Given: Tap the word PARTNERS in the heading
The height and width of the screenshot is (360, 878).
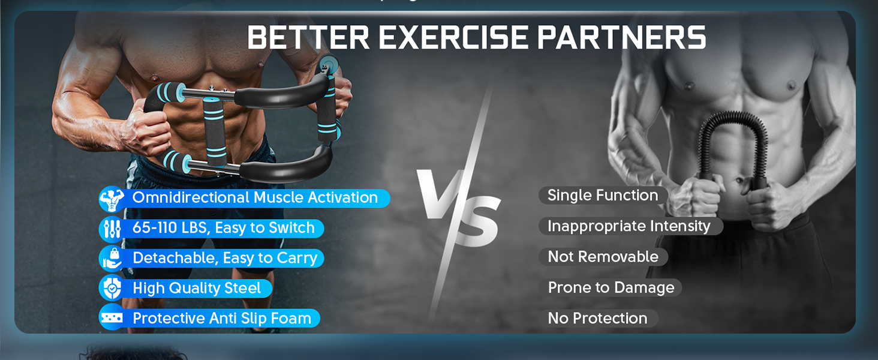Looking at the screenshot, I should pyautogui.click(x=622, y=38).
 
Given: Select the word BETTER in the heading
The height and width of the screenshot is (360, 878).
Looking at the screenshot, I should pyautogui.click(x=308, y=38).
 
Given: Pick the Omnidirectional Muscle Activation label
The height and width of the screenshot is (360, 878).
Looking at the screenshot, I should pyautogui.click(x=255, y=198).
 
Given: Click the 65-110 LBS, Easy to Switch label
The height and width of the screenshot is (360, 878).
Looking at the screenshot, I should pyautogui.click(x=223, y=228).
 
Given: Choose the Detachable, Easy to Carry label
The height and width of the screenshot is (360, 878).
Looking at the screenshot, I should pyautogui.click(x=224, y=258).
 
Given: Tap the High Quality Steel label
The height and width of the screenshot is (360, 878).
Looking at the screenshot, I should pyautogui.click(x=197, y=289).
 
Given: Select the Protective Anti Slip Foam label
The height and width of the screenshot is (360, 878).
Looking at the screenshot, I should pyautogui.click(x=222, y=319).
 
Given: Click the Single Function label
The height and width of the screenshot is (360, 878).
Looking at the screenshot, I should pyautogui.click(x=603, y=196).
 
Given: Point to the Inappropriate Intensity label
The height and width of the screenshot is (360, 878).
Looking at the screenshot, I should pyautogui.click(x=629, y=226).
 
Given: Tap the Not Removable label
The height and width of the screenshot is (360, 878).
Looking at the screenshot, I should pyautogui.click(x=603, y=257).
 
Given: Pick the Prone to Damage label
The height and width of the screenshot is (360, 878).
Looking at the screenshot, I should pyautogui.click(x=611, y=288).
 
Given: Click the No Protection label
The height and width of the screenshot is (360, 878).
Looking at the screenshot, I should pyautogui.click(x=597, y=319).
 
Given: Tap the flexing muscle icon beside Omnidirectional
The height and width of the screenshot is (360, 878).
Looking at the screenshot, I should pyautogui.click(x=112, y=199).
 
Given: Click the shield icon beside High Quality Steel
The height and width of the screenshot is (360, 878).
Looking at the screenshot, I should pyautogui.click(x=112, y=288).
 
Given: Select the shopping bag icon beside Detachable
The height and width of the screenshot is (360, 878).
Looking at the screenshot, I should pyautogui.click(x=112, y=258).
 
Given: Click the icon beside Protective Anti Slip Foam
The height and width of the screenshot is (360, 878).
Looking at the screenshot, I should pyautogui.click(x=112, y=318).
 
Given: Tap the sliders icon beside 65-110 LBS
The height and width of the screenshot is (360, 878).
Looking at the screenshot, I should pyautogui.click(x=112, y=229).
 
